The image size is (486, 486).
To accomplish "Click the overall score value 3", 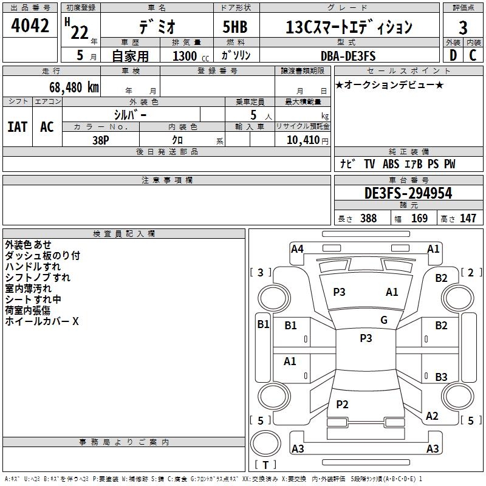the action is (x=463, y=27).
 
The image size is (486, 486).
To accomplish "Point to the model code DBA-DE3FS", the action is (x=348, y=56).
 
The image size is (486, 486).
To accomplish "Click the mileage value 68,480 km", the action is (x=69, y=87).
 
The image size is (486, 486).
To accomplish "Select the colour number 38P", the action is (x=101, y=140).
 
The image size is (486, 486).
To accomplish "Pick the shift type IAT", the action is (x=17, y=127).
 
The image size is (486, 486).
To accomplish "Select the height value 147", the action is (x=467, y=219).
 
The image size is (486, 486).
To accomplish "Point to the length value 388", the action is (x=368, y=219).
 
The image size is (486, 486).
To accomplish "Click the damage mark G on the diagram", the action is (x=383, y=320).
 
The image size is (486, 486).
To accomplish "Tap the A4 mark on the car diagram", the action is (x=297, y=248).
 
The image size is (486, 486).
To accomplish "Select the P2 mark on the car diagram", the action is (x=342, y=404).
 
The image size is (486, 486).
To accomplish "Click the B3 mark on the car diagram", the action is (x=441, y=377).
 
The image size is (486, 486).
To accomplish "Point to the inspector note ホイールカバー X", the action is (x=42, y=321).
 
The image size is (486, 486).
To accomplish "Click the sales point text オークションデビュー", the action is (x=389, y=84).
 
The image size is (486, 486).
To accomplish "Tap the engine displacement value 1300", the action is (x=185, y=56).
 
